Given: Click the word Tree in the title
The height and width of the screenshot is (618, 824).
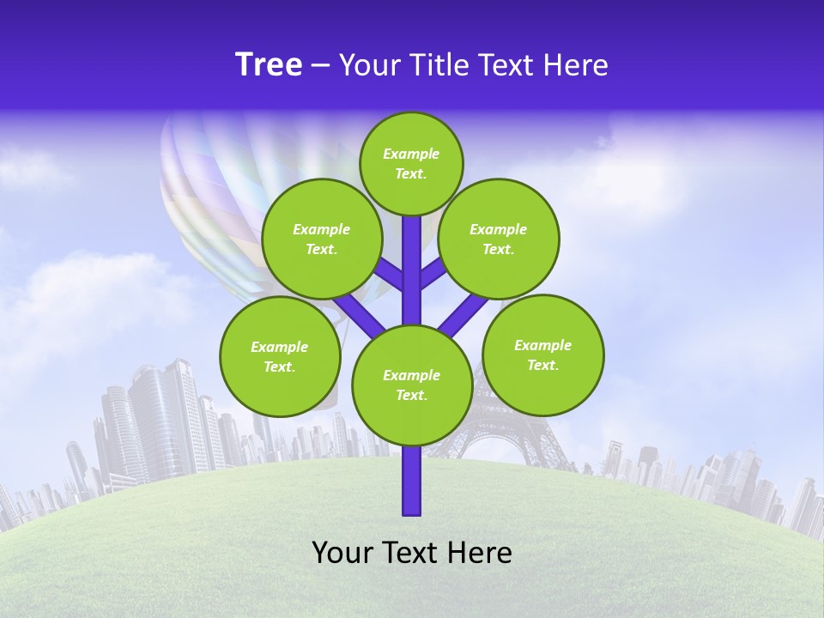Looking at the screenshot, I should (x=269, y=64).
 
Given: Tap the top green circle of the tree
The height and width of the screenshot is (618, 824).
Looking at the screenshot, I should (x=411, y=163).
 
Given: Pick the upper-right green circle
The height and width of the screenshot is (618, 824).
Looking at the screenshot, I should (x=499, y=239).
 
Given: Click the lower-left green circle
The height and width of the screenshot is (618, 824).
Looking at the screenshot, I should (x=280, y=356).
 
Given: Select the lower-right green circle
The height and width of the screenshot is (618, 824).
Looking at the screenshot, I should (x=543, y=354).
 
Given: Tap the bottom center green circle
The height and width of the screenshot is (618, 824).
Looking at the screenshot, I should (x=412, y=385).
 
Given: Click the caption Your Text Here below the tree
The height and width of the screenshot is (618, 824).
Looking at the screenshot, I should (x=412, y=553).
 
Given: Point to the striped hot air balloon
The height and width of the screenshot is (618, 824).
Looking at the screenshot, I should (x=215, y=197).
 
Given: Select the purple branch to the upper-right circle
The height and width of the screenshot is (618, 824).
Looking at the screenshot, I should (x=433, y=273).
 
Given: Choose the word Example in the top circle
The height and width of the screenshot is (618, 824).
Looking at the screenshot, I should (x=411, y=154).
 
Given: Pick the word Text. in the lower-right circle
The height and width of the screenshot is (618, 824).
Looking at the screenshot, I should (x=542, y=365).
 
